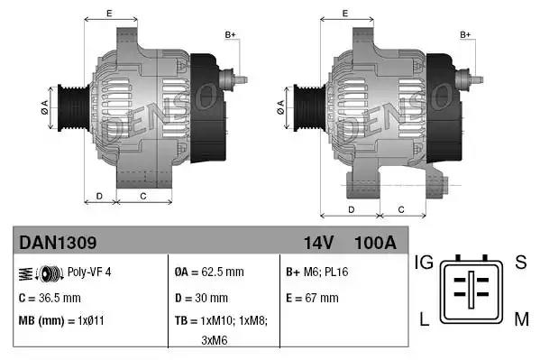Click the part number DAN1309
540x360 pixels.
pyautogui.click(x=58, y=243)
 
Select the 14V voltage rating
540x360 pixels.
pyautogui.click(x=318, y=243)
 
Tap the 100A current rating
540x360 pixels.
pyautogui.click(x=375, y=243)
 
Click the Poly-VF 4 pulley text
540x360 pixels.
pyautogui.click(x=89, y=272)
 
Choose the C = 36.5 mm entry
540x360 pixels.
pyautogui.click(x=50, y=298)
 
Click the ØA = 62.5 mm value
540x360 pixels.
pyautogui.click(x=209, y=272)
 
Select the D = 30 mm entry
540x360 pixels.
pyautogui.click(x=201, y=298)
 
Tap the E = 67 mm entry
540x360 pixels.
pyautogui.click(x=312, y=298)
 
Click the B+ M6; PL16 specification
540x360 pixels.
pyautogui.click(x=317, y=272)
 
